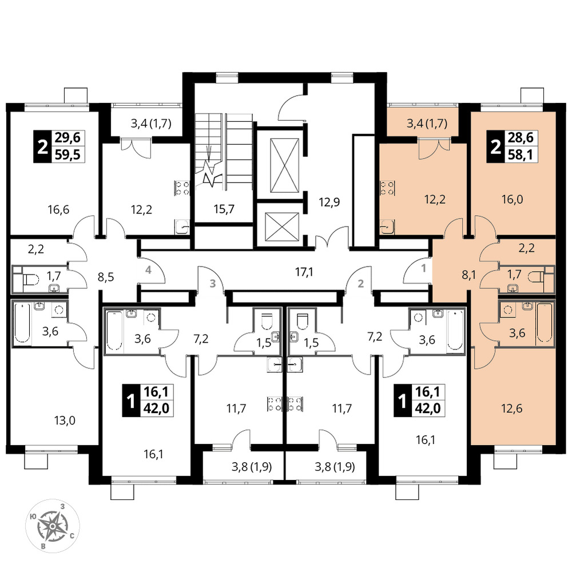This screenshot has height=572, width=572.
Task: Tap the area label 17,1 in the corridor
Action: (304, 272)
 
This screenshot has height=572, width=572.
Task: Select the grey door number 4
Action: (148, 271)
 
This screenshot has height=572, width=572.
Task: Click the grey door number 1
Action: (423, 268)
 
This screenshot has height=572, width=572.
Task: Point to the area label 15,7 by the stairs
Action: (224, 209)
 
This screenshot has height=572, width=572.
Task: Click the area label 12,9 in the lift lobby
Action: (329, 202)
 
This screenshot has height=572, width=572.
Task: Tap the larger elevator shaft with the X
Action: (284, 165)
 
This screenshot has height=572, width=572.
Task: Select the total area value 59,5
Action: (68, 156)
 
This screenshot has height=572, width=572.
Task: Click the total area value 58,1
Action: (521, 156)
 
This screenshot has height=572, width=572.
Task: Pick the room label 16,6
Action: (58, 210)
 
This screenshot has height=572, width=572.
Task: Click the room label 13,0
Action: (65, 420)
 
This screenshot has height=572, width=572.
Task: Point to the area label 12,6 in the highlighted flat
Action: (511, 408)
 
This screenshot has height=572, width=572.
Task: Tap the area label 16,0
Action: (512, 200)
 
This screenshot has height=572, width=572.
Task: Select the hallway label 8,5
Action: (106, 277)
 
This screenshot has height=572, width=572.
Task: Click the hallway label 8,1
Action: (470, 275)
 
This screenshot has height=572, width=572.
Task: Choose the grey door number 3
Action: (213, 283)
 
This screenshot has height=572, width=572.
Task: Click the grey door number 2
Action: (361, 283)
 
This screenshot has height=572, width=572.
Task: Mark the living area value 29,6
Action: (68, 138)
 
